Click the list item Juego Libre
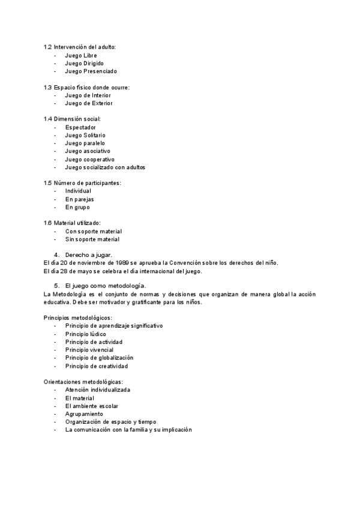pyautogui.click(x=81, y=55)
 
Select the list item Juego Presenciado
pyautogui.click(x=91, y=71)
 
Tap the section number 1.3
pyautogui.click(x=47, y=88)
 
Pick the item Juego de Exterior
pyautogui.click(x=89, y=103)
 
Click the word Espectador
pyautogui.click(x=80, y=127)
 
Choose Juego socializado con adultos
pyautogui.click(x=105, y=167)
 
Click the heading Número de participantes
pyautogui.click(x=87, y=183)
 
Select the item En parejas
pyautogui.click(x=80, y=199)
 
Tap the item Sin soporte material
pyautogui.click(x=92, y=239)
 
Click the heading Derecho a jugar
pyautogui.click(x=89, y=255)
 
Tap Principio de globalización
pyautogui.click(x=99, y=358)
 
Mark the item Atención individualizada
pyautogui.click(x=98, y=390)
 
